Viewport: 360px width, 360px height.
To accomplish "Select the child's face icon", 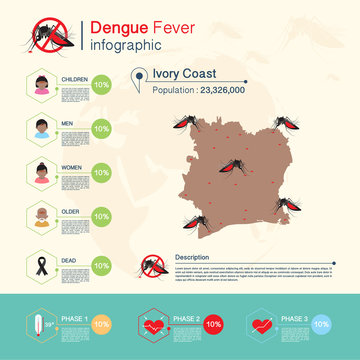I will pyautogui.click(x=42, y=86).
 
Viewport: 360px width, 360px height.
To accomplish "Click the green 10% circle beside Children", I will pyautogui.click(x=101, y=86).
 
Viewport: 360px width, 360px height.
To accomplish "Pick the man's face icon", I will pyautogui.click(x=42, y=129).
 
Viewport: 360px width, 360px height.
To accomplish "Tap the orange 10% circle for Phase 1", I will pyautogui.click(x=101, y=325).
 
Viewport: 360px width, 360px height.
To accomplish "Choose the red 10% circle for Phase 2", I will pyautogui.click(x=213, y=325).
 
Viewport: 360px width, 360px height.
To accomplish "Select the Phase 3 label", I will pyautogui.click(x=292, y=318).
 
